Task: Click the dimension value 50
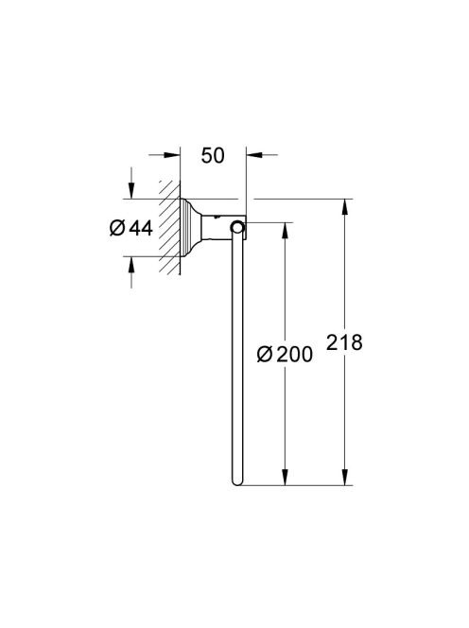point(213,156)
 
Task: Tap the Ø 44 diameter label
point(131,228)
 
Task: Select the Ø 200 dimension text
point(285,354)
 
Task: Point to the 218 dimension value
point(344,342)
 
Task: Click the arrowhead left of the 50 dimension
point(172,154)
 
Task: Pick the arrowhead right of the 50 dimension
point(254,154)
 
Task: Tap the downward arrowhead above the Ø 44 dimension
point(131,190)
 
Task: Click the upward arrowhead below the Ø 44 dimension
point(131,265)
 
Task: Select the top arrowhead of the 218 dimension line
point(345,207)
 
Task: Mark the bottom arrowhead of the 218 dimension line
point(345,477)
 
